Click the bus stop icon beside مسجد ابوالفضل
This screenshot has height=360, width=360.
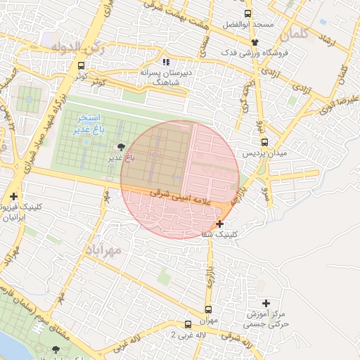click(x=247, y=13)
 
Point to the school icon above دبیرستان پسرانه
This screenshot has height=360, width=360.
click(x=166, y=62)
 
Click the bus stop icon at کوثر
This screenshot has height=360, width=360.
click(x=82, y=65)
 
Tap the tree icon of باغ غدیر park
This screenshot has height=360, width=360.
click(x=122, y=146)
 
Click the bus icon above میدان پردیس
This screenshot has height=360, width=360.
click(x=264, y=141)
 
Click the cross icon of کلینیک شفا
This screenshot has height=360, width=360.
click(x=220, y=224)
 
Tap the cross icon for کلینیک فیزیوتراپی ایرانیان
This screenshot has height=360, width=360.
click(x=13, y=196)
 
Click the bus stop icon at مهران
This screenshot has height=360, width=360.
click(x=208, y=309)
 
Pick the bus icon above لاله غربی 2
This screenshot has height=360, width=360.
click(x=188, y=324)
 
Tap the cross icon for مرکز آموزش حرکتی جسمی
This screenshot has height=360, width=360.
click(x=266, y=302)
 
